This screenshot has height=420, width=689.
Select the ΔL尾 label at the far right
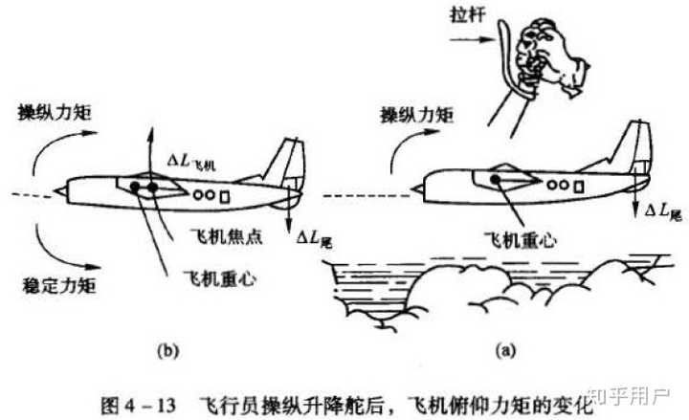pos(663,209)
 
